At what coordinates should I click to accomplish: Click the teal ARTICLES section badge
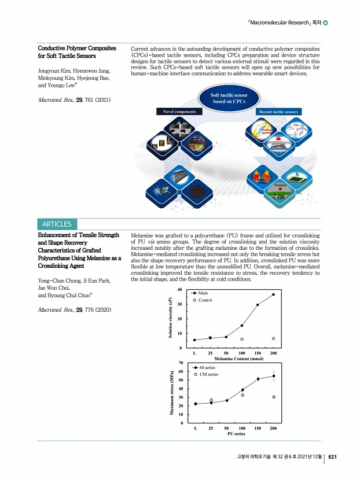point(56,224)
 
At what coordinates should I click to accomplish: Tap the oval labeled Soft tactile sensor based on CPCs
point(228,99)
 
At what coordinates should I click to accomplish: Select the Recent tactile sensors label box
point(279,111)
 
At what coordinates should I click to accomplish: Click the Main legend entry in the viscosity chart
point(203,294)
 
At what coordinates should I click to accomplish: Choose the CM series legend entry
point(208,374)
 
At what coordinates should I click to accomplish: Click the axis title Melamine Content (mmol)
point(234,359)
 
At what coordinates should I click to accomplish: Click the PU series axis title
point(234,433)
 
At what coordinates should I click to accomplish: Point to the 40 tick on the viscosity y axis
point(180,290)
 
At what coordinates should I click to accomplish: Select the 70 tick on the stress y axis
point(180,363)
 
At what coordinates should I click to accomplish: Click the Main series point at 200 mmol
point(273,294)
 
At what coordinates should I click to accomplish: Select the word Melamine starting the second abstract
point(145,236)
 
